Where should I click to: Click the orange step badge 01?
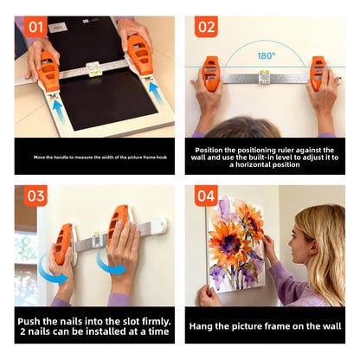click(35, 27)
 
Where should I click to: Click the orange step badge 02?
click(205, 27)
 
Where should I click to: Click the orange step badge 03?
click(35, 196)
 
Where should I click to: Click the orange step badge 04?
click(205, 196)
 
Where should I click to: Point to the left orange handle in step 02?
click(210, 74)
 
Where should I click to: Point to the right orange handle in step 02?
click(318, 74)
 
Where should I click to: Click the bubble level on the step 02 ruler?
click(265, 75)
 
